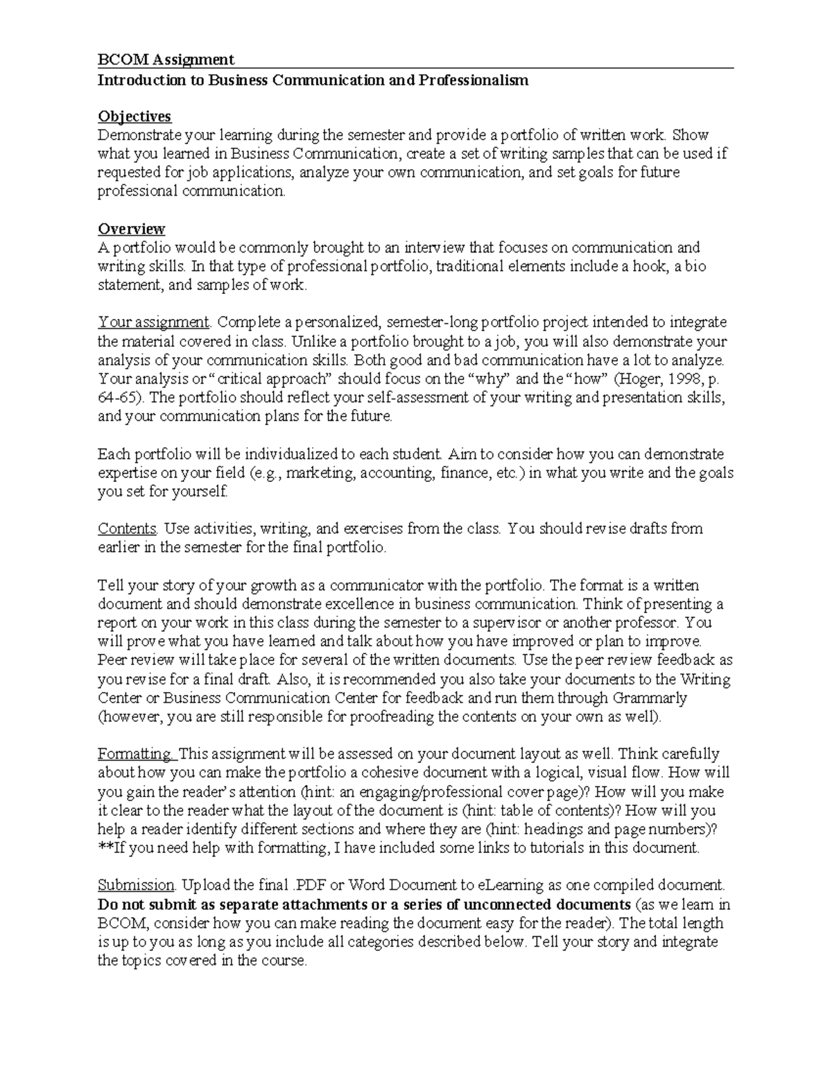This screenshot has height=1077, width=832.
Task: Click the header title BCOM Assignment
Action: coord(166,60)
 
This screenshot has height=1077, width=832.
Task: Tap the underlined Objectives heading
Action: coord(134,116)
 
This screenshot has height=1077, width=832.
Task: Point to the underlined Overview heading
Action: coord(131,229)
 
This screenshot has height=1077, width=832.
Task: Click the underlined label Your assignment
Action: coord(153,322)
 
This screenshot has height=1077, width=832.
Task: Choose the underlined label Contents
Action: coord(128,528)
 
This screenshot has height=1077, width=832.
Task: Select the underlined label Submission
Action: coord(136,885)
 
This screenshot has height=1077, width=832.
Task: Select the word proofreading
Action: coord(391,716)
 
